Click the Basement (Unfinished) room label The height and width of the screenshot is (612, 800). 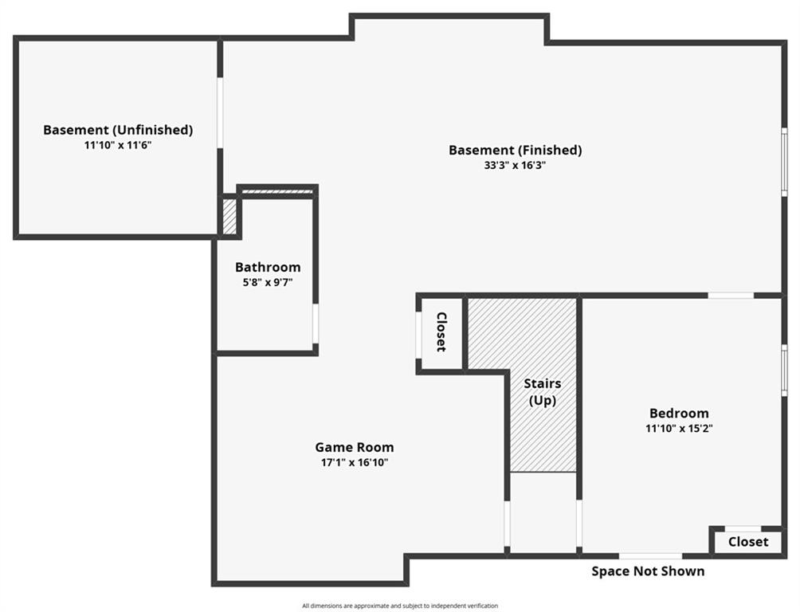118,130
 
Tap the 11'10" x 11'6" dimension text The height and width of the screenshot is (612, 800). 118,146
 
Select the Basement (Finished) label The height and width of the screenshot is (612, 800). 516,150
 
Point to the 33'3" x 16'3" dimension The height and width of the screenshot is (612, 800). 516,166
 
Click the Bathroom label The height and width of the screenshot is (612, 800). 268,267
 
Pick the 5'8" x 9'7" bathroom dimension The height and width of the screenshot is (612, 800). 268,282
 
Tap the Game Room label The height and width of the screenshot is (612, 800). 355,447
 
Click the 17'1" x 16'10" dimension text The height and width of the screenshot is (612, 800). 355,462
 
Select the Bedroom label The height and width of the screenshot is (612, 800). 679,413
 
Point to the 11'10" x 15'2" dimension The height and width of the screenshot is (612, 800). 679,428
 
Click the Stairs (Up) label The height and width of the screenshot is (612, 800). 543,391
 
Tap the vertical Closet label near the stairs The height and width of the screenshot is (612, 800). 441,331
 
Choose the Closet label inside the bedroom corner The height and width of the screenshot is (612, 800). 748,542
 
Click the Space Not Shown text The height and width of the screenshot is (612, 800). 648,571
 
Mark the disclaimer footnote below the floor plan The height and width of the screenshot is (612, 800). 400,606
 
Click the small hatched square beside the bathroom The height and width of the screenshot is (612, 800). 229,217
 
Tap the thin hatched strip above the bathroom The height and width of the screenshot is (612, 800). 276,192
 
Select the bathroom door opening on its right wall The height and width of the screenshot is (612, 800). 316,324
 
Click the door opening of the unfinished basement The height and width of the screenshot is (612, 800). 220,113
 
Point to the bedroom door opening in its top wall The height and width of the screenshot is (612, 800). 731,296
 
